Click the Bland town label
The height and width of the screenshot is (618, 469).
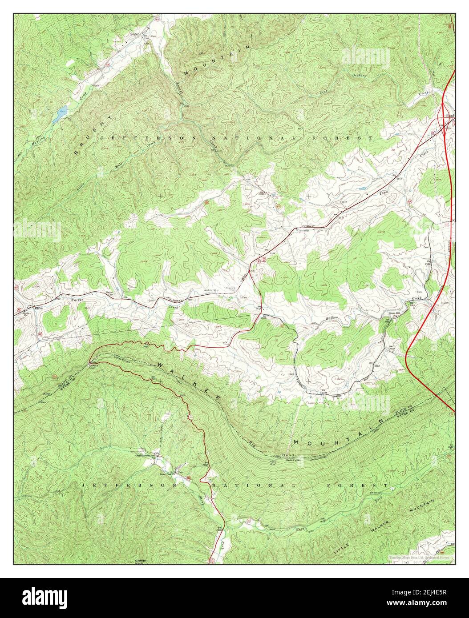click(x=450, y=116)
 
